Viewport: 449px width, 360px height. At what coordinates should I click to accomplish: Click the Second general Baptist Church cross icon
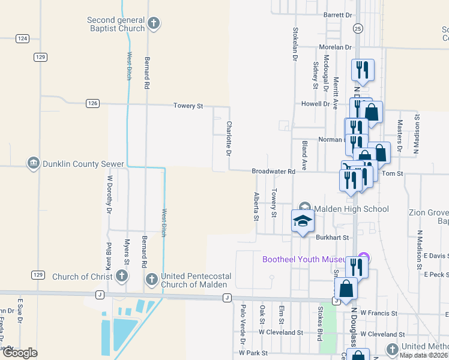(x=154, y=24)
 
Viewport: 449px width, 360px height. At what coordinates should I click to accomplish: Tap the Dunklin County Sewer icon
(x=33, y=163)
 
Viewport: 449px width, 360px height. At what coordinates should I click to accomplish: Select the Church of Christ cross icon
(x=121, y=277)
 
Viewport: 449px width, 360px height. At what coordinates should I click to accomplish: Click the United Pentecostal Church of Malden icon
(x=151, y=280)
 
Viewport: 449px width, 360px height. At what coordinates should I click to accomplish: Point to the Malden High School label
(x=352, y=209)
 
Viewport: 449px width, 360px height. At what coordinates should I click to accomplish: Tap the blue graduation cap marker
(x=303, y=221)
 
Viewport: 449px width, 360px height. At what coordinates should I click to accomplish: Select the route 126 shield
(x=92, y=103)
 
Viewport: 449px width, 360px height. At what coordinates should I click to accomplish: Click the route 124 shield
(x=23, y=38)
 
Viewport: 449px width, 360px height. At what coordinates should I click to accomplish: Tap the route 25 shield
(x=358, y=28)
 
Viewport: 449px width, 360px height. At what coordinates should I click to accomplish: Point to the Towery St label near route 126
(x=188, y=106)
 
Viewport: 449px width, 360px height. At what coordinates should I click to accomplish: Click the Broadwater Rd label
(x=273, y=172)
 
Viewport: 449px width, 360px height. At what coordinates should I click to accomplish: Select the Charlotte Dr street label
(x=229, y=139)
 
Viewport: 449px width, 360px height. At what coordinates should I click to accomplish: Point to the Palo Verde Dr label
(x=243, y=319)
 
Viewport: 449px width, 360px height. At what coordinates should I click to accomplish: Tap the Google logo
(x=20, y=353)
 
